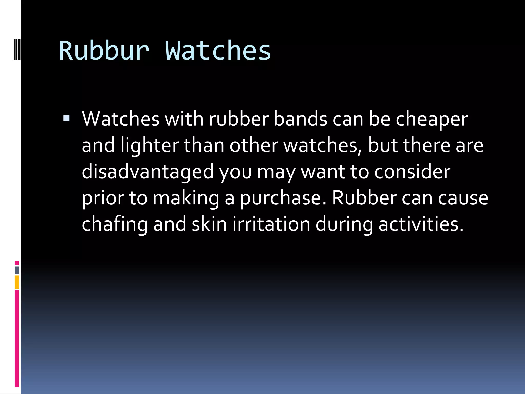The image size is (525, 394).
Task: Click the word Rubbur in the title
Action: tap(104, 51)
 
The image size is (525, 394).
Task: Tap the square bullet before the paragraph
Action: tap(66, 118)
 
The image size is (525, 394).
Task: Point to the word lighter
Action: tap(149, 146)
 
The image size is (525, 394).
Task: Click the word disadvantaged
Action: tap(147, 172)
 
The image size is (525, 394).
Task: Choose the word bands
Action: tap(300, 120)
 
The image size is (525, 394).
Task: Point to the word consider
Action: tap(412, 172)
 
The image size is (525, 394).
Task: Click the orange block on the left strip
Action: tap(17, 282)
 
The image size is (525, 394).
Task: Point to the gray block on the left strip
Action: tap(17, 270)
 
